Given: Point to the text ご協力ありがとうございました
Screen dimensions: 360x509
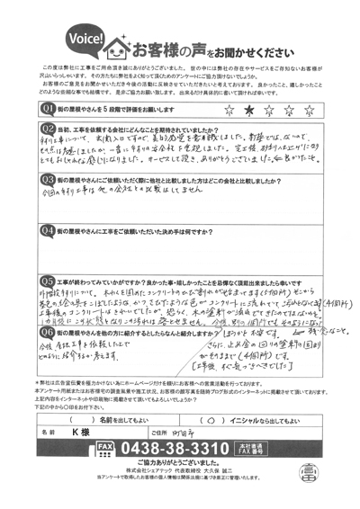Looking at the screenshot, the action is click(x=184, y=462).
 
